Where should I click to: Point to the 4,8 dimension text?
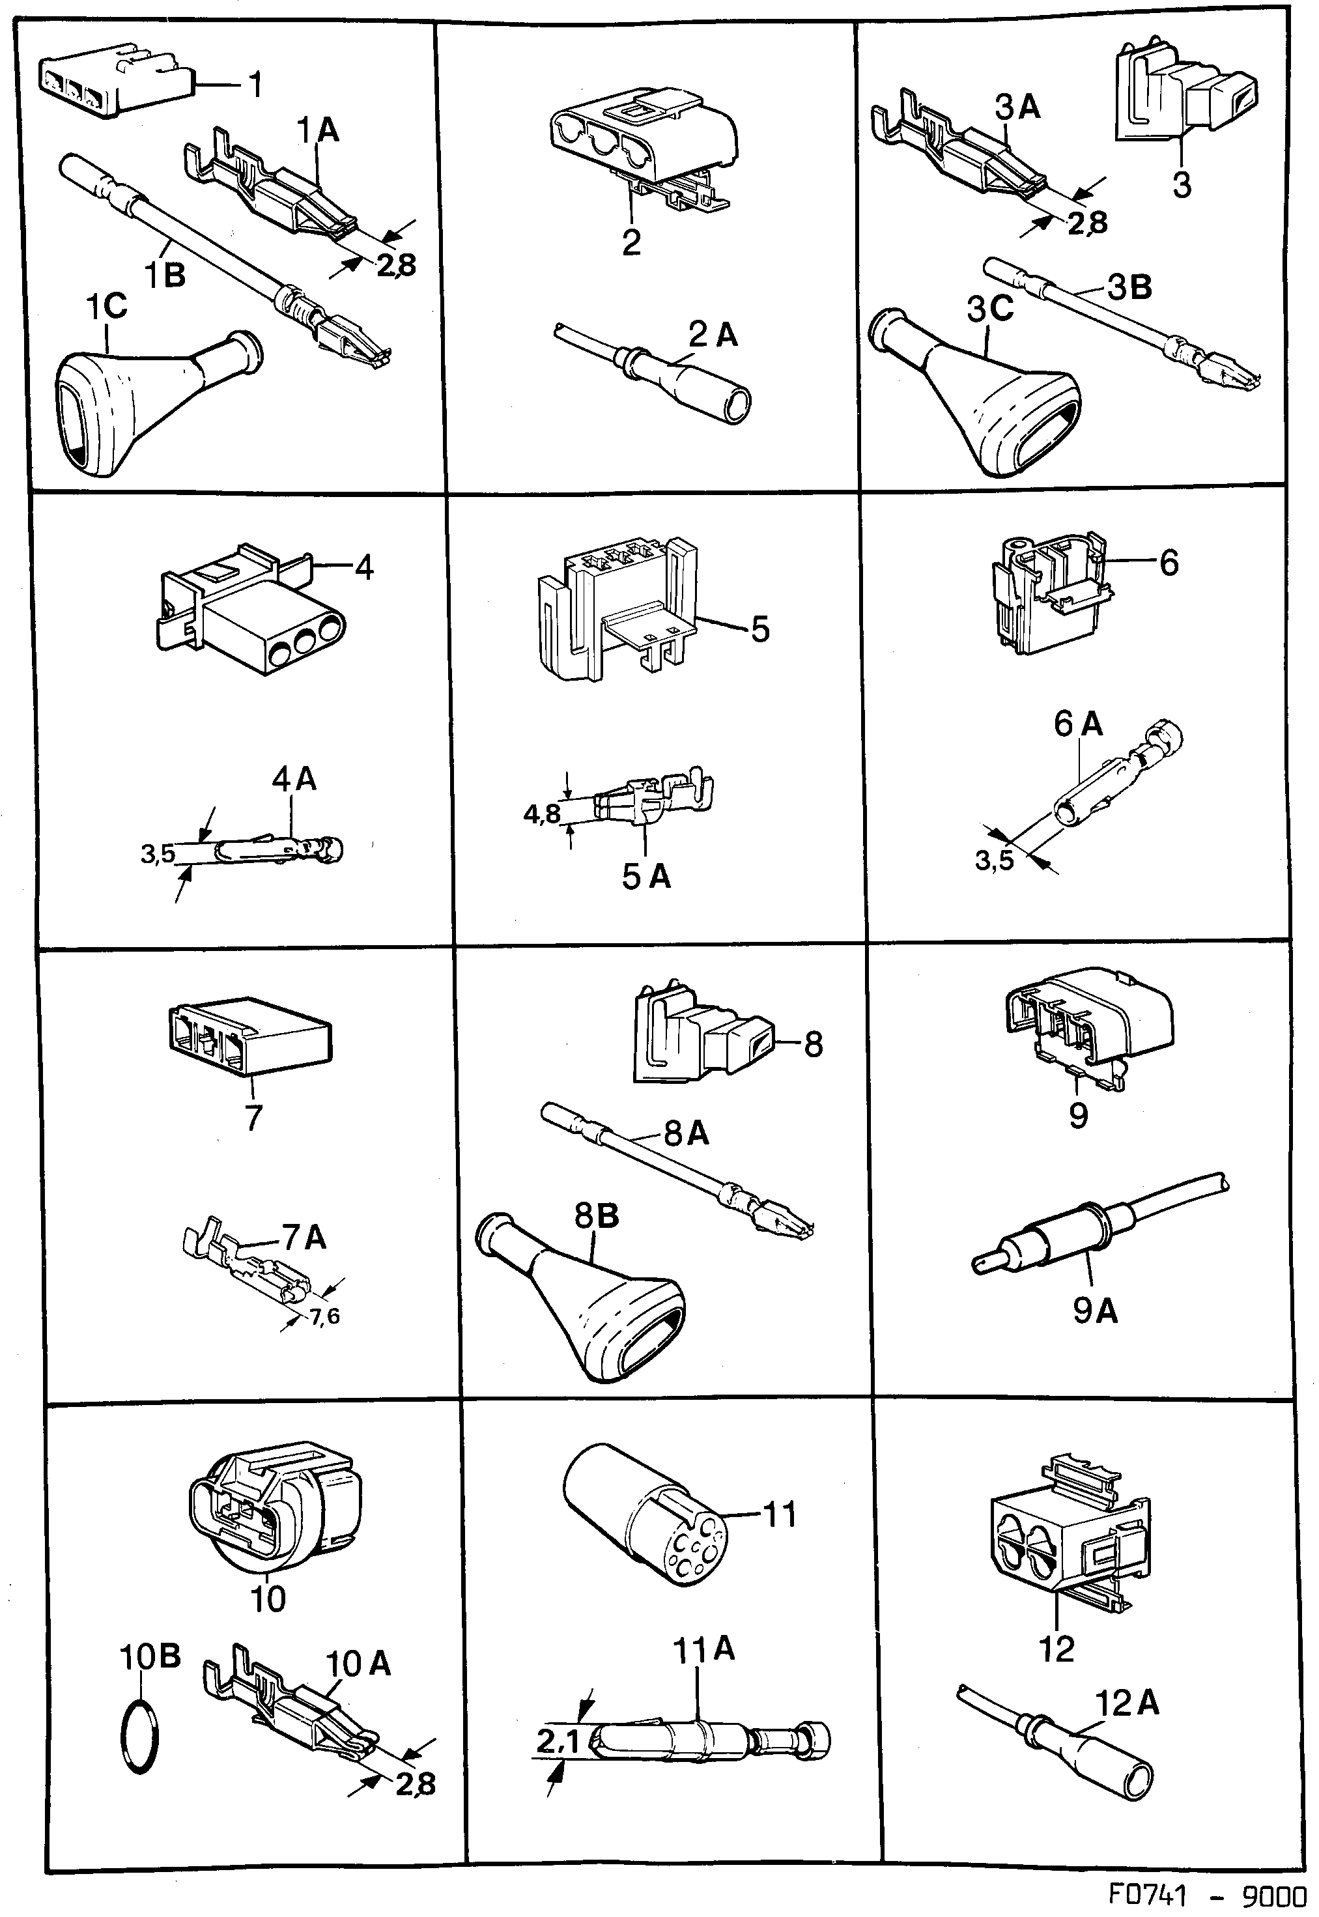tap(542, 815)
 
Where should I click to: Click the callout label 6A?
tap(1078, 724)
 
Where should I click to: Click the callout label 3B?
tap(1129, 287)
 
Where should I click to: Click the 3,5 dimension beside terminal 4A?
tap(157, 853)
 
